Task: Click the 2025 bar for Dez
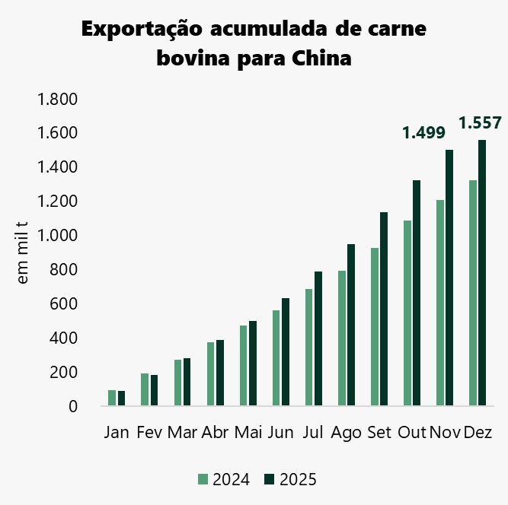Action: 482,274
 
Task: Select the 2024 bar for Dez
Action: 473,294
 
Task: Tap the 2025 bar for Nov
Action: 449,278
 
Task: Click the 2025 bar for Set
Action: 384,309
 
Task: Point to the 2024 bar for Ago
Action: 342,338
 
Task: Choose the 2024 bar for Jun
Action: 276,358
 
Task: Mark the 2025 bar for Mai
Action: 253,364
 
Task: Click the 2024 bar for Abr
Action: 211,374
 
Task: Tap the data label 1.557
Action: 480,122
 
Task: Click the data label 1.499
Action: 423,133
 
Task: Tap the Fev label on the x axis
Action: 149,433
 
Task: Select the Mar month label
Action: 183,433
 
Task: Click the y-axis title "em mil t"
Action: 23,253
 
